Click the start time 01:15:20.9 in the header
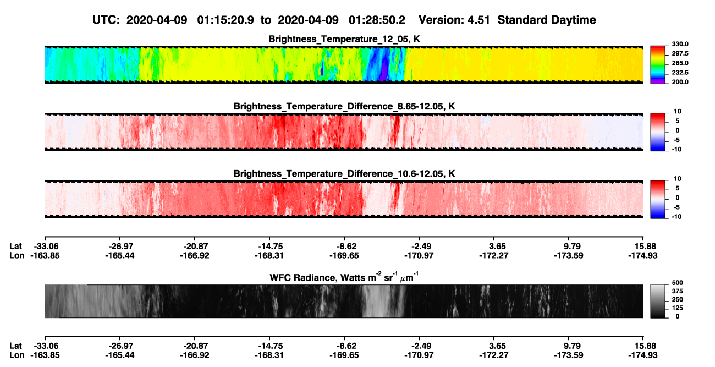[226, 20]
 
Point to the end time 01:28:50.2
[377, 20]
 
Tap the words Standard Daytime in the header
[547, 20]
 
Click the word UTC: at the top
[106, 20]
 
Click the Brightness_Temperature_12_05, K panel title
[344, 39]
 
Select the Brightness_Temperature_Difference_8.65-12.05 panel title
[344, 106]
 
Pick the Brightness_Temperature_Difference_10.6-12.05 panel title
[344, 174]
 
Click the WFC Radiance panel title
[344, 277]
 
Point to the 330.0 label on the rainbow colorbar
[680, 44]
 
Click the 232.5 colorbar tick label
[680, 73]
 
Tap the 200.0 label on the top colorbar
[680, 82]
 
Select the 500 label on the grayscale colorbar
[678, 283]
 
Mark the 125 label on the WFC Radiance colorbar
[678, 308]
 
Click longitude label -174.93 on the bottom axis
[643, 355]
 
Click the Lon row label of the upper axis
[16, 255]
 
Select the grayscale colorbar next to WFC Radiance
[658, 301]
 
